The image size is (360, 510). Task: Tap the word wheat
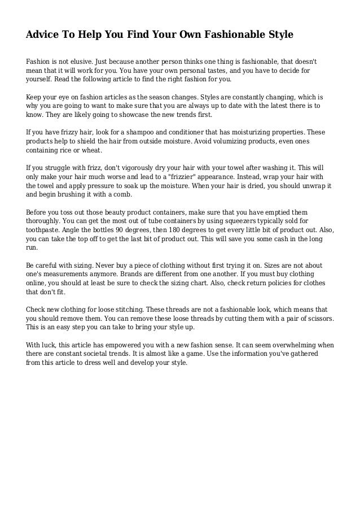[x=91, y=151]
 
